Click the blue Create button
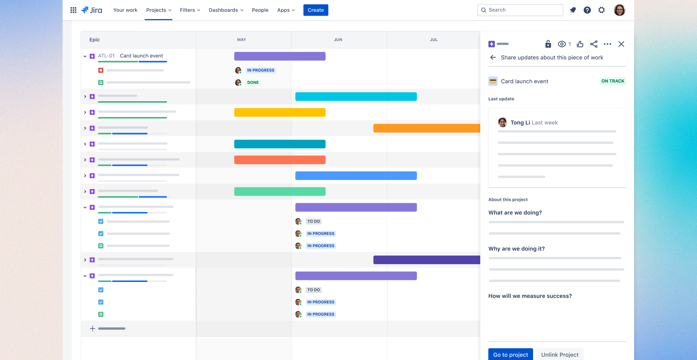pyautogui.click(x=316, y=10)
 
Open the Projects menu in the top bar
pyautogui.click(x=159, y=10)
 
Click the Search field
pyautogui.click(x=520, y=10)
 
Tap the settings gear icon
pyautogui.click(x=602, y=10)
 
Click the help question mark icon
pyautogui.click(x=587, y=10)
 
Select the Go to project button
pyautogui.click(x=510, y=355)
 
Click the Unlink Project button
pyautogui.click(x=560, y=355)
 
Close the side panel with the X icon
pyautogui.click(x=621, y=44)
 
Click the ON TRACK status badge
pyautogui.click(x=613, y=81)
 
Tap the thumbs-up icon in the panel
pyautogui.click(x=580, y=44)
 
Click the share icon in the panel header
pyautogui.click(x=594, y=44)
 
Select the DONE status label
pyautogui.click(x=253, y=83)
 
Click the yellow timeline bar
pyautogui.click(x=280, y=113)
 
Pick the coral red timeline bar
pyautogui.click(x=280, y=160)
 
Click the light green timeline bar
pyautogui.click(x=280, y=192)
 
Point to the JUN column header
pyautogui.click(x=338, y=40)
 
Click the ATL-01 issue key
pyautogui.click(x=106, y=56)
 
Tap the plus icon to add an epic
pyautogui.click(x=92, y=329)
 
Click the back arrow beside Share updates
pyautogui.click(x=493, y=58)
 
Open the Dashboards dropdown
pyautogui.click(x=226, y=10)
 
